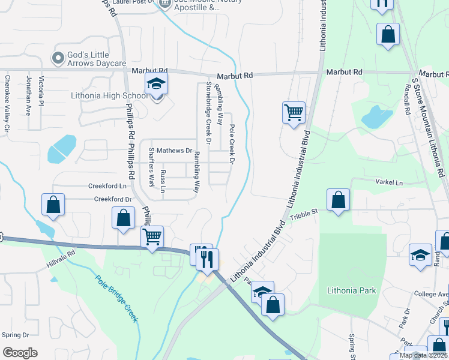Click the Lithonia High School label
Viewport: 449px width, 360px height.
[109, 95]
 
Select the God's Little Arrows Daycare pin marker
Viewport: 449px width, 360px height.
[58, 58]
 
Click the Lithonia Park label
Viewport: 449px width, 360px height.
[352, 291]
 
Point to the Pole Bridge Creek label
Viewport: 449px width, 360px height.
[116, 298]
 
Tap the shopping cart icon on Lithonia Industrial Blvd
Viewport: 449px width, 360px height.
[294, 112]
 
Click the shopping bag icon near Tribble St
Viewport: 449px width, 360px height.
[339, 200]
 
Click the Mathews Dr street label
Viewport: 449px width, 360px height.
[178, 151]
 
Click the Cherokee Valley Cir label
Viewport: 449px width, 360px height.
[7, 103]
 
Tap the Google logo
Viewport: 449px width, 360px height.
[20, 353]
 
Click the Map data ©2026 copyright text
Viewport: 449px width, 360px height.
[423, 355]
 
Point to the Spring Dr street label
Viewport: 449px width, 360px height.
[16, 335]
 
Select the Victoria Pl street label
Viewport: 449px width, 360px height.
[41, 91]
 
